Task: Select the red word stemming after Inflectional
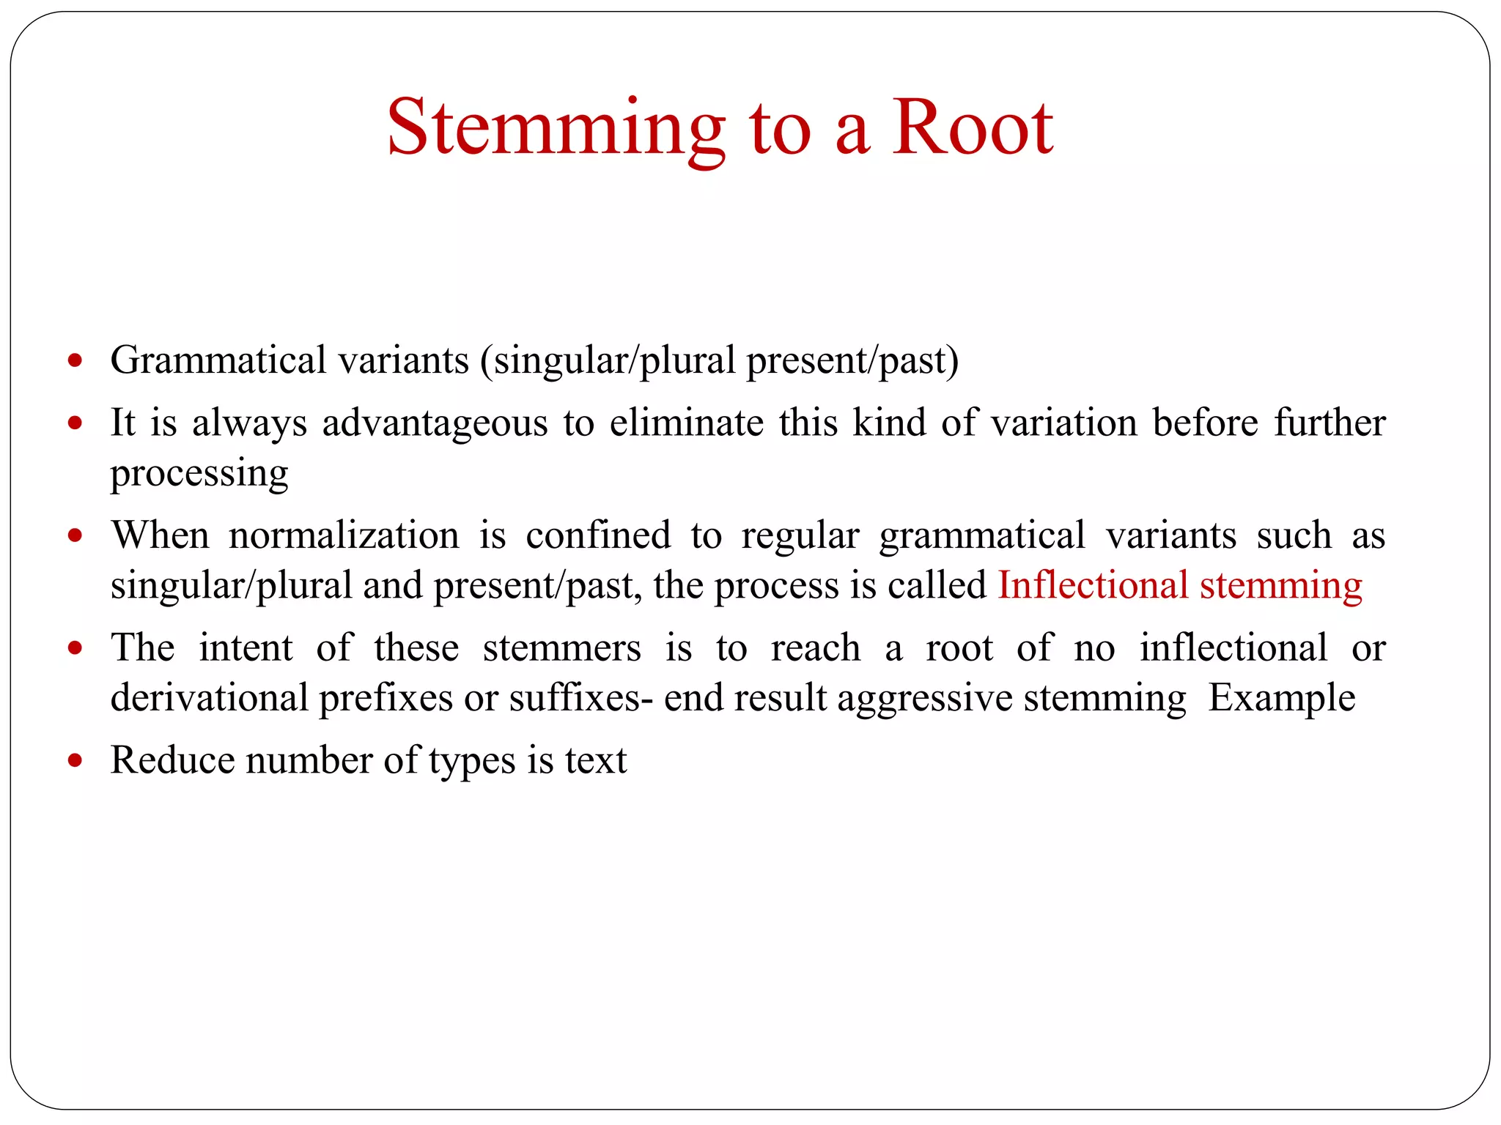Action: point(1280,586)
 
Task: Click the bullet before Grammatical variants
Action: point(75,360)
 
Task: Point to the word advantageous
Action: point(435,423)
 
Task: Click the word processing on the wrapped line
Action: point(199,474)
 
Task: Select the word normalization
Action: point(344,535)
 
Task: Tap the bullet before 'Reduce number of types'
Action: point(75,760)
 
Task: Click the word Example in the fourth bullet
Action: point(1281,698)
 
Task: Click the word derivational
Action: point(209,698)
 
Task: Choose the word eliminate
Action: point(686,423)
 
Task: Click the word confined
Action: point(598,535)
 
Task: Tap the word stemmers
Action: point(561,648)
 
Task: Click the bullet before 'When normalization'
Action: point(75,535)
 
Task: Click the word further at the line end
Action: point(1329,423)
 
